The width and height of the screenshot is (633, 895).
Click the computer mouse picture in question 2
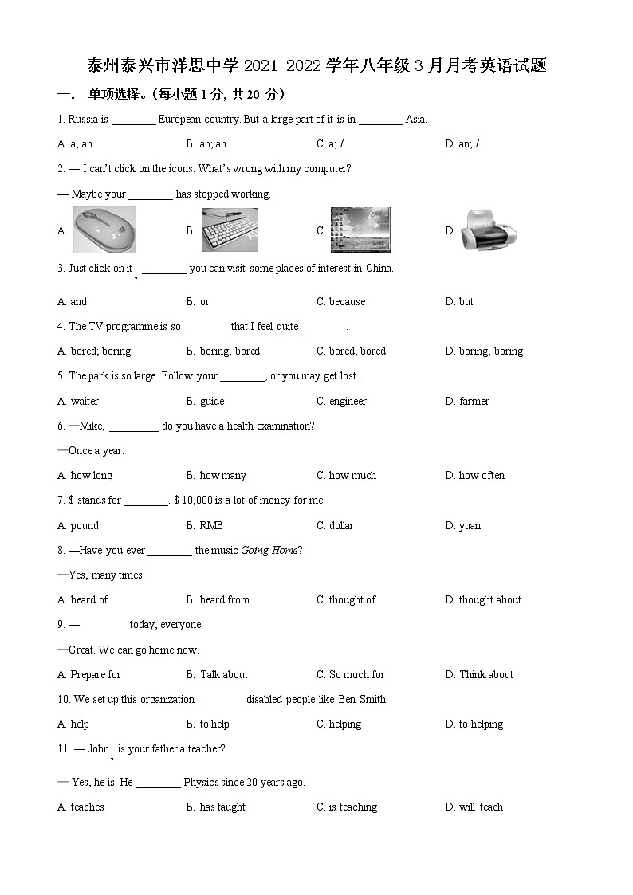pyautogui.click(x=104, y=230)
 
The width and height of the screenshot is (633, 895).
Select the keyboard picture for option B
pyautogui.click(x=230, y=230)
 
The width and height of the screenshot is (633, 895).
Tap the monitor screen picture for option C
pyautogui.click(x=360, y=230)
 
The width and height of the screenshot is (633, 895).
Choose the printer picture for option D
pyautogui.click(x=489, y=230)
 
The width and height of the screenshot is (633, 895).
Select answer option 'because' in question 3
pyautogui.click(x=347, y=302)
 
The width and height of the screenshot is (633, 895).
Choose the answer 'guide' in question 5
pyautogui.click(x=212, y=402)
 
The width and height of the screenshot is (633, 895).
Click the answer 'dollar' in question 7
pyautogui.click(x=341, y=526)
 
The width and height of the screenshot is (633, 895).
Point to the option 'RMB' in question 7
pyautogui.click(x=211, y=526)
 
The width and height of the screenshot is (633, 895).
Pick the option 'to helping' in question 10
pyautogui.click(x=481, y=724)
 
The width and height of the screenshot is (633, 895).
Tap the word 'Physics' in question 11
pyautogui.click(x=201, y=783)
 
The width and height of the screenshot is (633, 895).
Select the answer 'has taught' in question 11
pyautogui.click(x=222, y=807)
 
